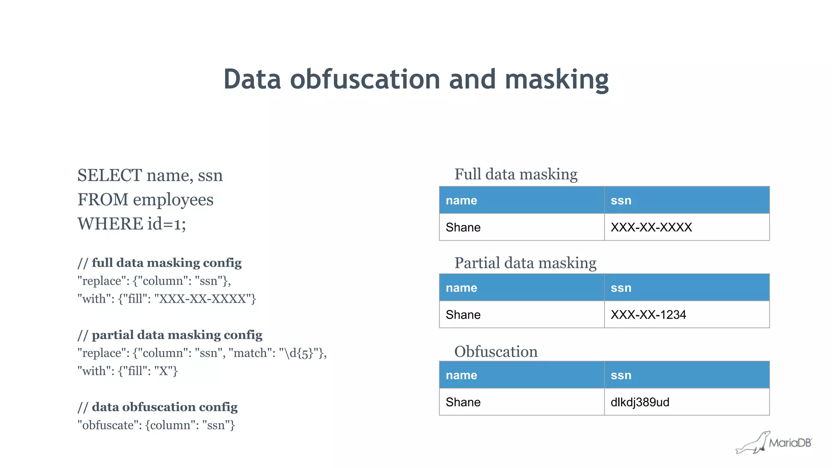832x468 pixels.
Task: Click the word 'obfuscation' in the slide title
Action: point(364,79)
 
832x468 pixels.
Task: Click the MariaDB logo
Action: point(774,443)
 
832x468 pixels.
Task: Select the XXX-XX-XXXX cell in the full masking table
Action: point(651,227)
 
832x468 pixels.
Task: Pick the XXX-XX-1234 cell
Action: point(648,314)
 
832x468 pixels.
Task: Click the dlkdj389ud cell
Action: point(640,402)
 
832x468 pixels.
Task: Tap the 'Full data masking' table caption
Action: point(516,174)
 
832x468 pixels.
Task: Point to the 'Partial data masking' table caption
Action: point(525,263)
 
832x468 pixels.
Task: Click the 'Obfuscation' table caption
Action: point(496,351)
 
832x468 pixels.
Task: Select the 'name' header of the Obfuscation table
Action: point(461,375)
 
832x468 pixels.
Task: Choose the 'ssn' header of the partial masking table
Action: point(621,288)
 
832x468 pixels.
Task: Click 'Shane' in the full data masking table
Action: point(463,227)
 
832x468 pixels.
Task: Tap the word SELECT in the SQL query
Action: point(110,175)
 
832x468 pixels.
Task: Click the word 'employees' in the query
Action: point(173,199)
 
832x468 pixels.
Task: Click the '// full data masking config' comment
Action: point(160,263)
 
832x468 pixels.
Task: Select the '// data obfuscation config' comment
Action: point(158,407)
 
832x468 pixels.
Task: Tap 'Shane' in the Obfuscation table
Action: point(463,402)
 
